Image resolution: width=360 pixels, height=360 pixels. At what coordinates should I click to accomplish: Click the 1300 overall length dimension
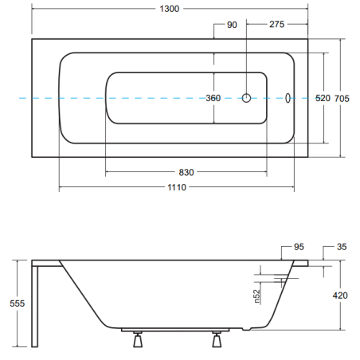(x=170, y=9)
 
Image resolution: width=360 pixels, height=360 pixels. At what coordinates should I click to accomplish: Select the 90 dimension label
(x=232, y=25)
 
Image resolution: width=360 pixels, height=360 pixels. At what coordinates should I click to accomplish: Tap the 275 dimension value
(x=276, y=24)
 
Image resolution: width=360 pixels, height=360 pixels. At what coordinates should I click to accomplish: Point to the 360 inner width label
(x=213, y=98)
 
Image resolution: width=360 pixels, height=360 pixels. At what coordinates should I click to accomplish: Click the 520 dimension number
(x=323, y=98)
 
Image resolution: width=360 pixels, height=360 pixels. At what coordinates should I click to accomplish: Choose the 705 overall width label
(x=342, y=99)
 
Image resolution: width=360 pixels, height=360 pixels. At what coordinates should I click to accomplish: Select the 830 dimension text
(x=186, y=172)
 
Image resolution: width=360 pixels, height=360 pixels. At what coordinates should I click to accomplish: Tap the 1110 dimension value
(x=177, y=187)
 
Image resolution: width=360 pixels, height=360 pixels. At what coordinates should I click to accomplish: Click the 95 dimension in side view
(x=299, y=247)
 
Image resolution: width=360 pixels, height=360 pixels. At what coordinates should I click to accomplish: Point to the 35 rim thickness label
(x=342, y=247)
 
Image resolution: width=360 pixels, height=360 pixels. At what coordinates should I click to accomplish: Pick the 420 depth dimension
(x=340, y=295)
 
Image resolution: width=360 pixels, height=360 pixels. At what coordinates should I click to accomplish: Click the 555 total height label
(x=18, y=303)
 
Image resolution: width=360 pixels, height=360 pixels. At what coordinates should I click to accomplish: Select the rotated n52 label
(x=256, y=296)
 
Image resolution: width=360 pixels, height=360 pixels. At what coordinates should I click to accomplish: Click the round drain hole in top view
(x=246, y=98)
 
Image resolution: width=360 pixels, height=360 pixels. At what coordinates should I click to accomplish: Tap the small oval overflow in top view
(x=288, y=98)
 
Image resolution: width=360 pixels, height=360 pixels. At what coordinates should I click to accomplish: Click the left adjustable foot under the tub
(x=138, y=339)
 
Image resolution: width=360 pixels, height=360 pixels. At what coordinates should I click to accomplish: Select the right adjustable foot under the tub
(x=217, y=339)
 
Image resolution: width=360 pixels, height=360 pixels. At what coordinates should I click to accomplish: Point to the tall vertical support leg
(x=35, y=307)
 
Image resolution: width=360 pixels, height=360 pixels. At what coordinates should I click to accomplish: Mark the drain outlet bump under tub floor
(x=246, y=329)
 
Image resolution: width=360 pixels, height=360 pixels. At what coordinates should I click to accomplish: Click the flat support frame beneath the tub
(x=175, y=330)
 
